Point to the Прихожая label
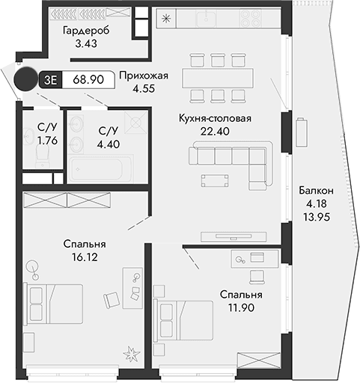coord(144,75)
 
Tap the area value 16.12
coord(85,257)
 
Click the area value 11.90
coord(240,308)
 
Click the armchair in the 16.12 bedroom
coord(112,298)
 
